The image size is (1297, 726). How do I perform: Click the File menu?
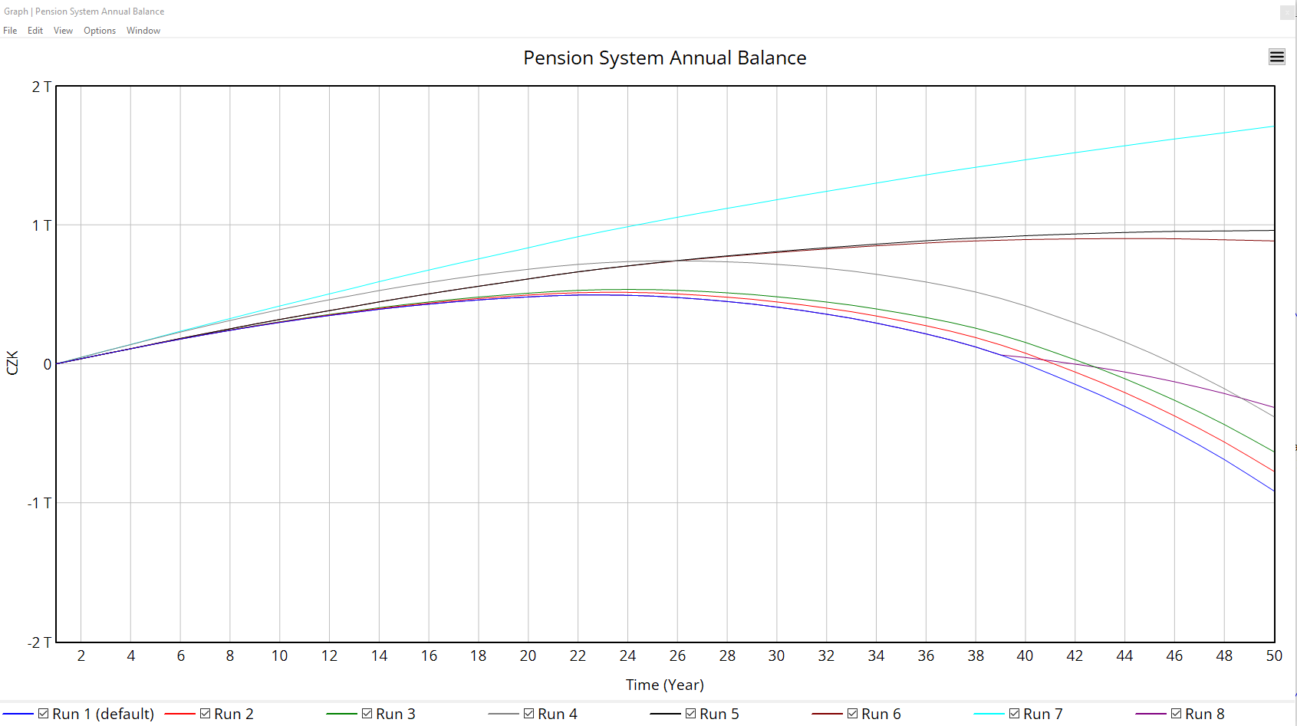pyautogui.click(x=10, y=31)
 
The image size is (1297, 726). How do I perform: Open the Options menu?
pyautogui.click(x=100, y=31)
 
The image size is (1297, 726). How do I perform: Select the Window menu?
pyautogui.click(x=143, y=31)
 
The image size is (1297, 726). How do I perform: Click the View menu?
pyautogui.click(x=63, y=31)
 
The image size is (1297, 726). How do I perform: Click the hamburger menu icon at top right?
pyautogui.click(x=1276, y=57)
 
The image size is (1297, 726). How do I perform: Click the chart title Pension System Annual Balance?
pyautogui.click(x=664, y=58)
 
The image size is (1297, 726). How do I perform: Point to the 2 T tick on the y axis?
pyautogui.click(x=41, y=87)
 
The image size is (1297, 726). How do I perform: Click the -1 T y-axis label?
pyautogui.click(x=39, y=503)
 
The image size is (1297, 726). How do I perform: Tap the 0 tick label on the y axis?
pyautogui.click(x=48, y=364)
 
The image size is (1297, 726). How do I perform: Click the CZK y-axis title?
pyautogui.click(x=12, y=363)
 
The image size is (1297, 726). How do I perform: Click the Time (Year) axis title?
pyautogui.click(x=664, y=685)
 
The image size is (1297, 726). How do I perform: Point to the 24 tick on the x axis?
pyautogui.click(x=627, y=655)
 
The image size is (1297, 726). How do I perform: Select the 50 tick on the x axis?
pyautogui.click(x=1273, y=655)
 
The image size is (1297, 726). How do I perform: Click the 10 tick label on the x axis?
pyautogui.click(x=279, y=655)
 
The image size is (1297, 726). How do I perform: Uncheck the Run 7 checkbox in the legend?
pyautogui.click(x=1014, y=714)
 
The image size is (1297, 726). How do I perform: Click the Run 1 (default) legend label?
pyautogui.click(x=103, y=714)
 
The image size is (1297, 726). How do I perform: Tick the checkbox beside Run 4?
pyautogui.click(x=528, y=714)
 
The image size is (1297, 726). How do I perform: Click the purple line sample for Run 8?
pyautogui.click(x=1151, y=714)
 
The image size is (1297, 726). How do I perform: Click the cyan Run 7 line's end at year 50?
pyautogui.click(x=1273, y=126)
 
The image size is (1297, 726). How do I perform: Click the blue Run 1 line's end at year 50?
pyautogui.click(x=1273, y=491)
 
